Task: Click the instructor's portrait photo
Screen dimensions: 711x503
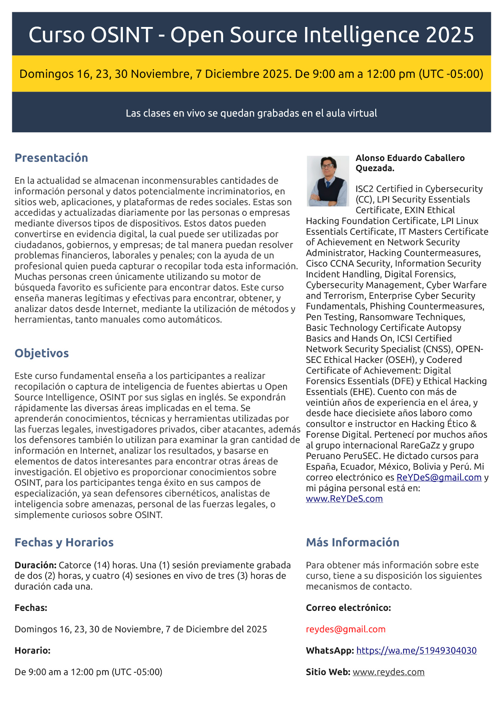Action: click(x=327, y=181)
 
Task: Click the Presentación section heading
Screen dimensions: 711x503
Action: click(x=51, y=158)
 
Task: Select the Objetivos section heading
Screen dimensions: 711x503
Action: click(x=42, y=353)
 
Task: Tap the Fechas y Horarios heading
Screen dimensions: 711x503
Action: click(x=64, y=542)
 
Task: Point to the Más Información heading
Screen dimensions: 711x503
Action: click(x=352, y=542)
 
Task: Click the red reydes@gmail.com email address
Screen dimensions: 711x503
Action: click(x=345, y=629)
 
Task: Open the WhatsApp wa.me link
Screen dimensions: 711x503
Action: click(x=416, y=650)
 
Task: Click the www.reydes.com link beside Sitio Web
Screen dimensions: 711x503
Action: click(x=389, y=672)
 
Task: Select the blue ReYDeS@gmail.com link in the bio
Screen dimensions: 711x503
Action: click(x=439, y=477)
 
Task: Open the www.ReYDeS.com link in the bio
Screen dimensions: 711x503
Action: click(x=344, y=498)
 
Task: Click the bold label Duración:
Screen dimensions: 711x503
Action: click(x=35, y=565)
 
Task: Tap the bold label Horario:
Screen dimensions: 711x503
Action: click(x=33, y=650)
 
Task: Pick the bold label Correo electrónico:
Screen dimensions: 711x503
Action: click(x=348, y=608)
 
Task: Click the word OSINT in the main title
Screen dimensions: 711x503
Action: click(x=122, y=35)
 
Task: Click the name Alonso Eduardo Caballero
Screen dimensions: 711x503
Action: click(x=410, y=158)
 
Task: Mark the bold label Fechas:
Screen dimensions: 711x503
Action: click(x=31, y=608)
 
